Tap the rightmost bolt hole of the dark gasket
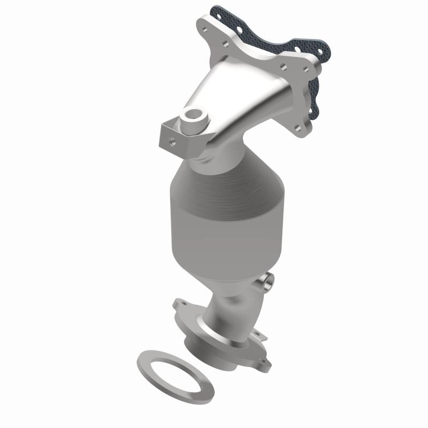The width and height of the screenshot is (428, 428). coord(321,51)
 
